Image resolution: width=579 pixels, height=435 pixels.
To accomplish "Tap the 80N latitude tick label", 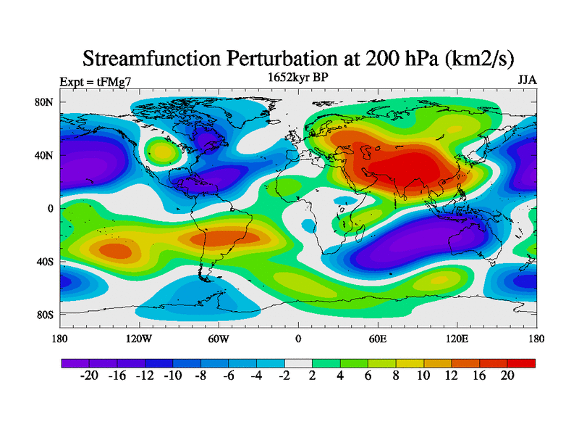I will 45,102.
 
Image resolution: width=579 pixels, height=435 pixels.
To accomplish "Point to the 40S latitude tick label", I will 45,261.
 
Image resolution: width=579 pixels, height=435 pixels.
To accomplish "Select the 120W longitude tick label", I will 138,338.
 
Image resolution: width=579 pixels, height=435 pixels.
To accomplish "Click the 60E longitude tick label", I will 378,338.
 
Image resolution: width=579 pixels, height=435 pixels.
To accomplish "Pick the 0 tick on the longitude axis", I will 298,338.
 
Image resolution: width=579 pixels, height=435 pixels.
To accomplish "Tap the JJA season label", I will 527,80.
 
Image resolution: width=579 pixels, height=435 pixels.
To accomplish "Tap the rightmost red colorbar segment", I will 521,362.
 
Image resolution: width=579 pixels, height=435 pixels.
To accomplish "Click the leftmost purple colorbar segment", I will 75,362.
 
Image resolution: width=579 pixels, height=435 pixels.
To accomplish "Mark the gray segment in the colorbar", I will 298,362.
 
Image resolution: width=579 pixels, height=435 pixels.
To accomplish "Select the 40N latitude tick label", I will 45,155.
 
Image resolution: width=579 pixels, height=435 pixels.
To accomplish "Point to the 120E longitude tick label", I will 457,338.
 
